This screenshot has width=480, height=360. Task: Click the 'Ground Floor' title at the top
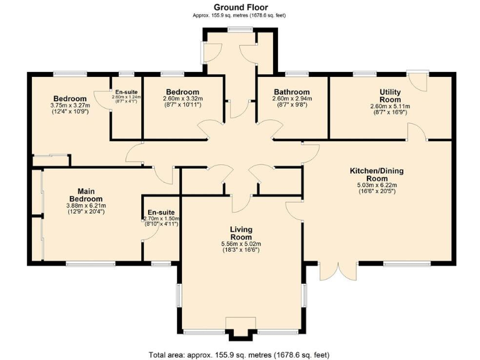(241, 7)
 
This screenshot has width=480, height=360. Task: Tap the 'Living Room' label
(241, 233)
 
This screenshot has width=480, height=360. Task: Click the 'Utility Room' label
(390, 96)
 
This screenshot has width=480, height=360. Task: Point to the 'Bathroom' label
(291, 92)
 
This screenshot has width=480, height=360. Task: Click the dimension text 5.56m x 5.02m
(241, 244)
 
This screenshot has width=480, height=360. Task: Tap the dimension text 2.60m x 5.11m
(390, 106)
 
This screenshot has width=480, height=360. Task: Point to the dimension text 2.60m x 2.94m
(291, 99)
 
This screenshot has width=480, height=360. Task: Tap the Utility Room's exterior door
(417, 82)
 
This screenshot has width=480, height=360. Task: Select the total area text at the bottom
(239, 354)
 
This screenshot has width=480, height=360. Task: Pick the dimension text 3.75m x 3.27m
(70, 106)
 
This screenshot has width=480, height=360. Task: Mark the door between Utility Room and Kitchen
(417, 131)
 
